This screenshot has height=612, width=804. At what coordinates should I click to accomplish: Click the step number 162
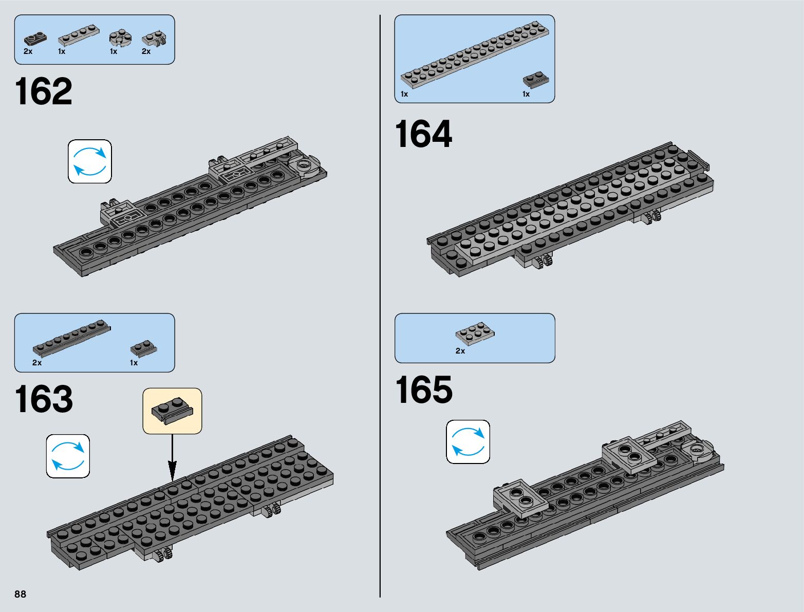click(x=44, y=92)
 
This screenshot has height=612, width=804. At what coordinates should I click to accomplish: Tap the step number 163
click(x=44, y=399)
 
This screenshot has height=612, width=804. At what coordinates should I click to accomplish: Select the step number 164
click(x=423, y=134)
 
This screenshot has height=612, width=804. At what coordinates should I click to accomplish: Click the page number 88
click(x=20, y=594)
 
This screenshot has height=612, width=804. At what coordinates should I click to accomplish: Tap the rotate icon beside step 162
click(x=90, y=161)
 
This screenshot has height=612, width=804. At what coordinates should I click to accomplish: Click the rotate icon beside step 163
click(x=68, y=456)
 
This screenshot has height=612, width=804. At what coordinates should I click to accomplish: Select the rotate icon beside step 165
click(x=468, y=442)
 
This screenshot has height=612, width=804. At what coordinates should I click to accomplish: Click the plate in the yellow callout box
click(x=172, y=410)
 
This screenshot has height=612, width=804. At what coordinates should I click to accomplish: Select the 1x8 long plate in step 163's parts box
click(x=71, y=338)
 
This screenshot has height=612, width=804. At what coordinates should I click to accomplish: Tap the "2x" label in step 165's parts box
click(x=460, y=351)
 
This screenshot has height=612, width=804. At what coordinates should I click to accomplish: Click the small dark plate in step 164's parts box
click(x=536, y=80)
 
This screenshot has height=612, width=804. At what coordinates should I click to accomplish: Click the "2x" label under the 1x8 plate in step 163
click(x=37, y=363)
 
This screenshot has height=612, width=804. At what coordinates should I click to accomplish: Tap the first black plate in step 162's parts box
click(x=35, y=39)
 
